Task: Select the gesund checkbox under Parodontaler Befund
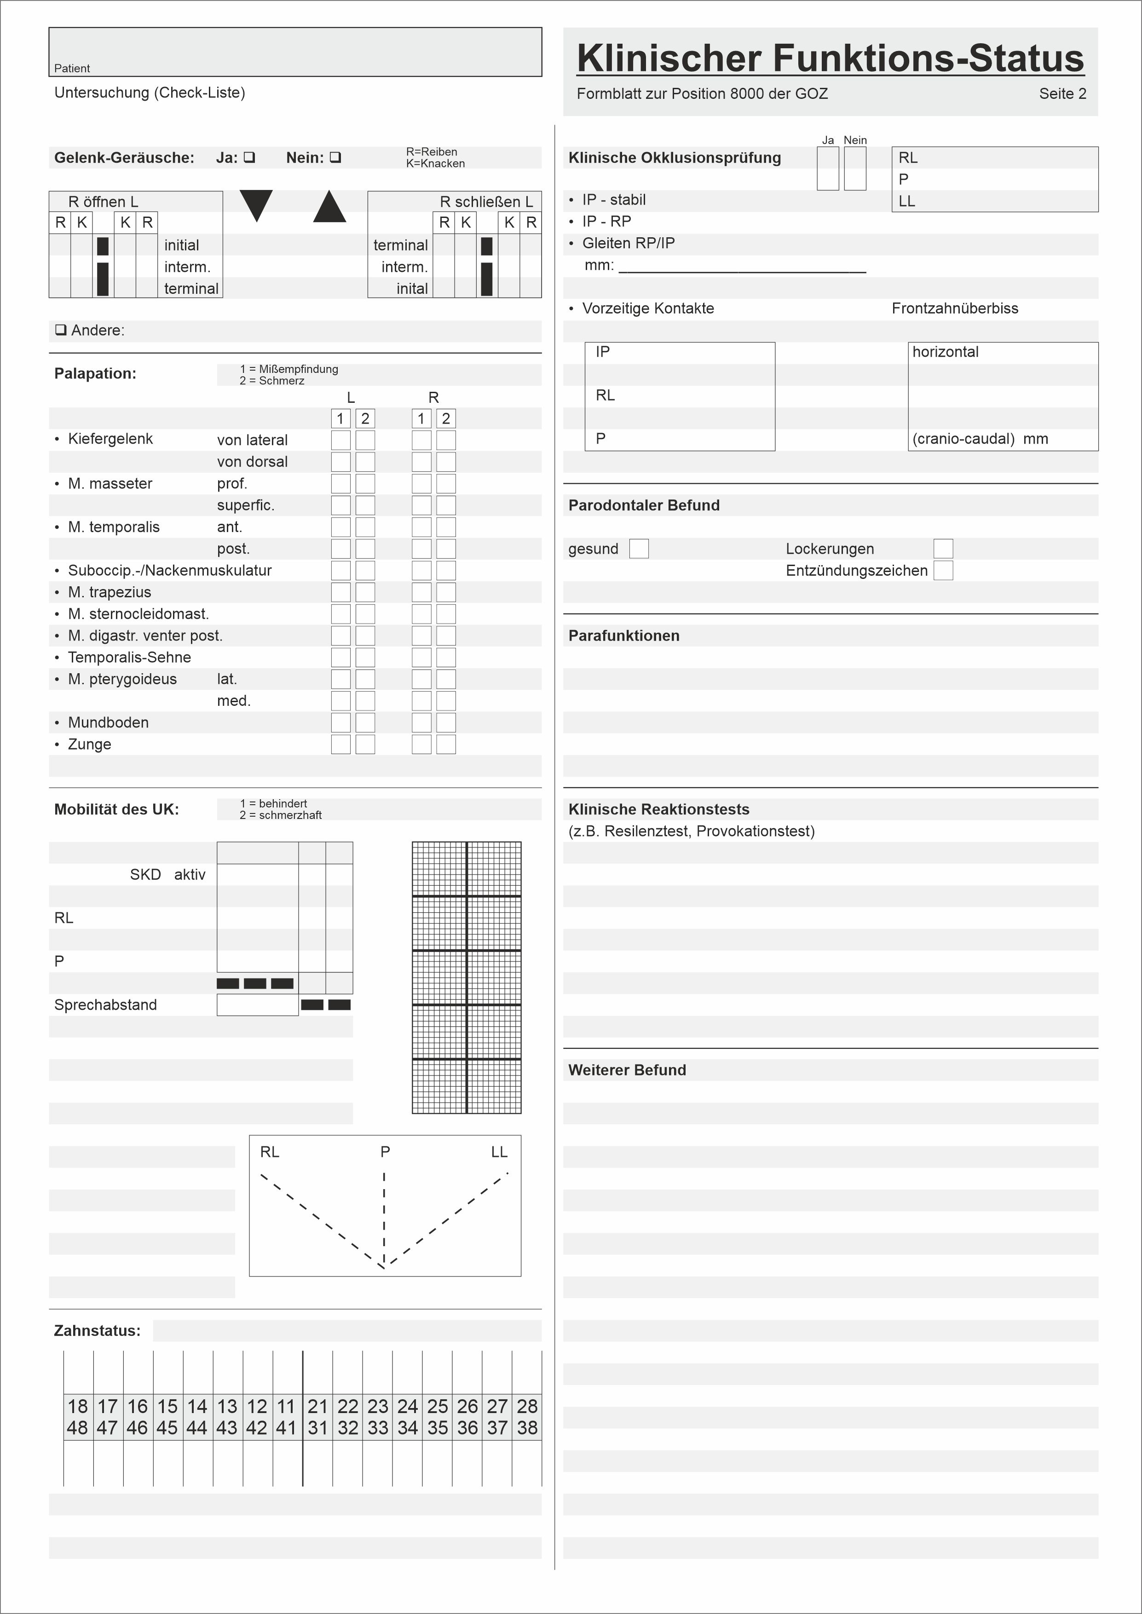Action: tap(639, 548)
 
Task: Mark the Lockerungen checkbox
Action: tap(943, 548)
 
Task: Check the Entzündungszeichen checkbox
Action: tap(943, 570)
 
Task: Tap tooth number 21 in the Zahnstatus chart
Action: tap(318, 1406)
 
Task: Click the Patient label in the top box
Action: tap(72, 68)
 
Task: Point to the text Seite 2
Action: tap(1062, 93)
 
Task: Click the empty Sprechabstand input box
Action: tap(257, 1005)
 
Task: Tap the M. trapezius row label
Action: tap(109, 592)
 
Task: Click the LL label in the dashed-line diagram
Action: tap(499, 1151)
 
